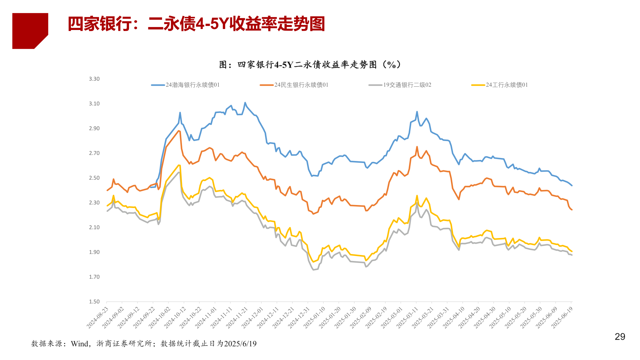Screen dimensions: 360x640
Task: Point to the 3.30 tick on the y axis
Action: (94, 79)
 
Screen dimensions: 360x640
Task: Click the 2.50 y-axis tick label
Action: (94, 178)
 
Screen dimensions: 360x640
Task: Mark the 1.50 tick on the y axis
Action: (94, 302)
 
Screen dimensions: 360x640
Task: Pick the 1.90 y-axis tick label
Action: (94, 252)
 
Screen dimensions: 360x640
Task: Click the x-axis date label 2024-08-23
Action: (98, 318)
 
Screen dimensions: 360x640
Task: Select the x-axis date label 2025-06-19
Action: (562, 318)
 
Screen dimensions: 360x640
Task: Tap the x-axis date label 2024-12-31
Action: (299, 318)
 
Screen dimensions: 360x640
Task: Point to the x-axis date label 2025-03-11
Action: (407, 318)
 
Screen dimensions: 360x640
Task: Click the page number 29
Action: (620, 337)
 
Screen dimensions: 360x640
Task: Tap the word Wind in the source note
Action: (79, 344)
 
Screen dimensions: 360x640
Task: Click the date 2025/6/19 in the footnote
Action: (240, 344)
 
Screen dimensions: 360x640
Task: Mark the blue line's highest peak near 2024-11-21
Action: (245, 103)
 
